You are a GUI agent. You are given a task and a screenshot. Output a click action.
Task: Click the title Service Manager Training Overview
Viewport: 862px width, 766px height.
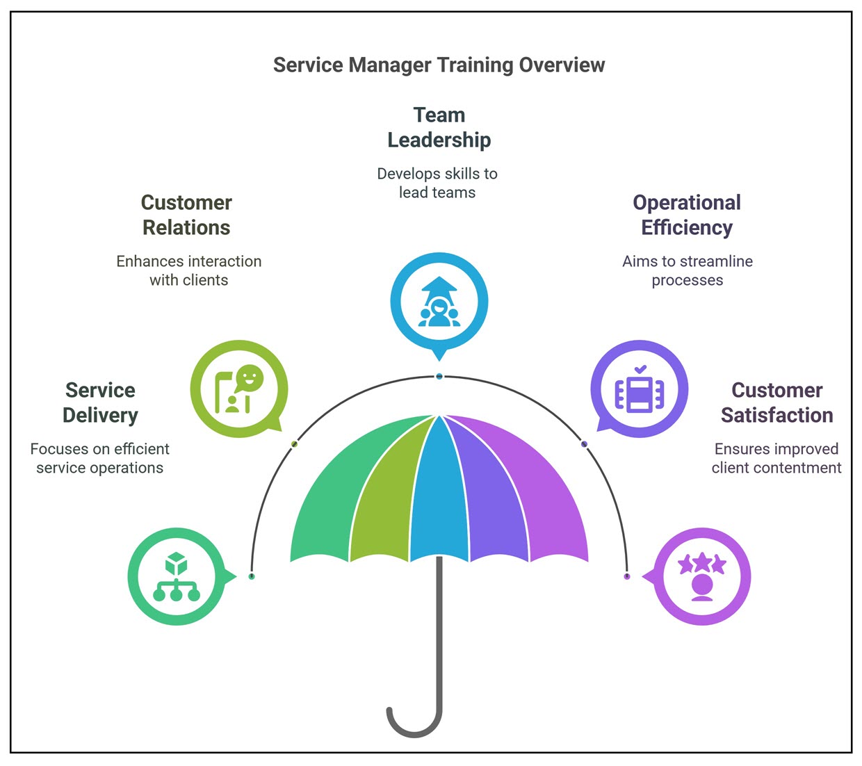(439, 65)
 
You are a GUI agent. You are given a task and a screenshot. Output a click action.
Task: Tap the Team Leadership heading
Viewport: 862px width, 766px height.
(439, 127)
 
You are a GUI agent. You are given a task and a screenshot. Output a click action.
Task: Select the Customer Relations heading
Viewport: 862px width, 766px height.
(186, 215)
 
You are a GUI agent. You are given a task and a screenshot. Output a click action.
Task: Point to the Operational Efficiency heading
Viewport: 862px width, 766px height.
(687, 215)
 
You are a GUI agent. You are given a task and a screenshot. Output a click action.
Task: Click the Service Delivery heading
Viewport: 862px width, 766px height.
(100, 402)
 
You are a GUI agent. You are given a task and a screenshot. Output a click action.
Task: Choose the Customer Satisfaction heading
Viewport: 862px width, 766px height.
(776, 402)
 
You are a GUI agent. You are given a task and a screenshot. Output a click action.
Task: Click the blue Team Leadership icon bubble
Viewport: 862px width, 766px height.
(439, 302)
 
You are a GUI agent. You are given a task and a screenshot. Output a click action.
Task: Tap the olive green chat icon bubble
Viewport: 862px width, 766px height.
(238, 389)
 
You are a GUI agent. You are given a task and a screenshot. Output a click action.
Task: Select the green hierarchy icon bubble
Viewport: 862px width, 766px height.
(177, 576)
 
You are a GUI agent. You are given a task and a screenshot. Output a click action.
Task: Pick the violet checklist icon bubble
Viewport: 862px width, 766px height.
(640, 389)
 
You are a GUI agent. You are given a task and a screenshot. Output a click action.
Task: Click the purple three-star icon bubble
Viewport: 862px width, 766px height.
(702, 576)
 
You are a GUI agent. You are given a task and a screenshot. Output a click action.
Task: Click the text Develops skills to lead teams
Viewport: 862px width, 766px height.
(437, 183)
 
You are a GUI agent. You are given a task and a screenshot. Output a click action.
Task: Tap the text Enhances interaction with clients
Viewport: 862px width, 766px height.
(188, 270)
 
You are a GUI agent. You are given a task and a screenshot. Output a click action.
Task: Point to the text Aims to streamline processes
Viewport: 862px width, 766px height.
(687, 270)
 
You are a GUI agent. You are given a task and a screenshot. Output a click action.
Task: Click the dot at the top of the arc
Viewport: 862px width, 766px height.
(439, 376)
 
